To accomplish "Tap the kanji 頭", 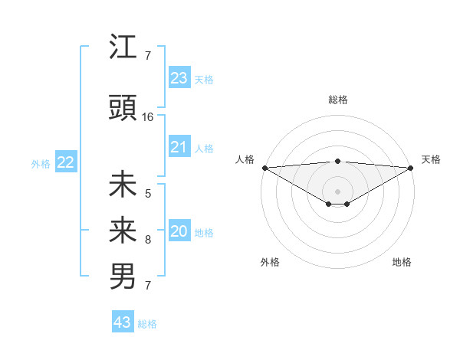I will tap(123, 109).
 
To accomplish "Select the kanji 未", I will tap(123, 185).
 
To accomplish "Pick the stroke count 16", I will tap(148, 117).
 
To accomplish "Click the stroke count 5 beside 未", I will tap(148, 194).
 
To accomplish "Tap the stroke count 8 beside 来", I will tap(148, 240).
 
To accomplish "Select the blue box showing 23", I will tap(179, 78).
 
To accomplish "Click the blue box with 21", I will tap(179, 147).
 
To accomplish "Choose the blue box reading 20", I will tap(179, 231).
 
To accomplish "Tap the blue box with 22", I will tap(65, 162).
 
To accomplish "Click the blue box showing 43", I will tap(123, 322).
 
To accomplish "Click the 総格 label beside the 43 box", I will tap(147, 324).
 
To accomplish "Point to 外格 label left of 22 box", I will tap(41, 163).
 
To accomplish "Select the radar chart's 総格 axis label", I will tap(337, 100).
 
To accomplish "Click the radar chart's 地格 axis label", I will tap(402, 263).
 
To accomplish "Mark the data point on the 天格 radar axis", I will tap(411, 168).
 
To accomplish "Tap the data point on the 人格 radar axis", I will tap(264, 168).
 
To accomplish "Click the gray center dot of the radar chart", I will tap(337, 190).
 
